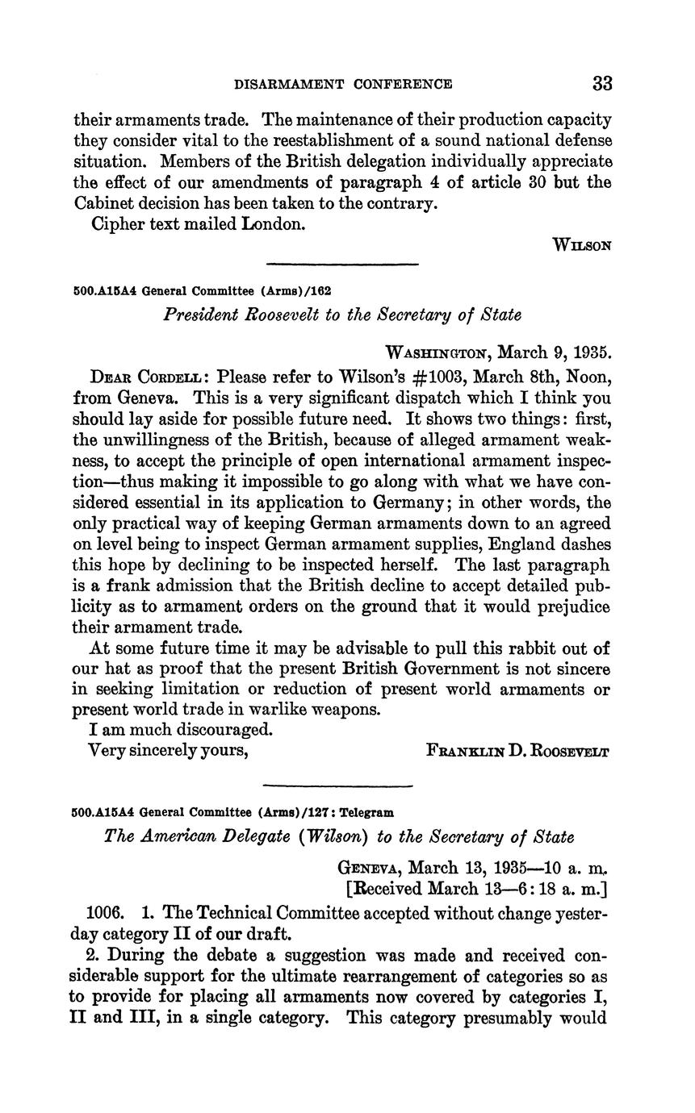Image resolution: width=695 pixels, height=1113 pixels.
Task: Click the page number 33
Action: (602, 83)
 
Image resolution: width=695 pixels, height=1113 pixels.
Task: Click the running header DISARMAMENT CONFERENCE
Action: (343, 84)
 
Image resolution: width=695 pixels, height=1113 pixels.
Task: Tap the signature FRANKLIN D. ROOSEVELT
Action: (517, 751)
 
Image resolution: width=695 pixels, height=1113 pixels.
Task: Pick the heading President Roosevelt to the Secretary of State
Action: (342, 315)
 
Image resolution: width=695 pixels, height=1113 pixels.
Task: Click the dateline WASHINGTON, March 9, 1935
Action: (499, 352)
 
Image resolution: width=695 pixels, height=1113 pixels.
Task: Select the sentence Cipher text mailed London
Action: (198, 223)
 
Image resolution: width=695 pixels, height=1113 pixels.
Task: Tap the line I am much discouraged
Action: (181, 730)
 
